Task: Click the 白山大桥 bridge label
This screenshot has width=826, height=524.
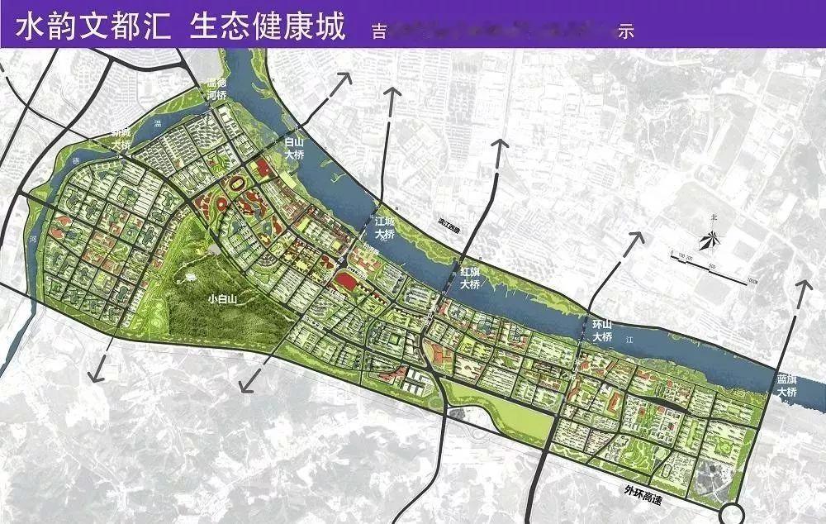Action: click(x=295, y=149)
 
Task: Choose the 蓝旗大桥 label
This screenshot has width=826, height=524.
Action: click(x=786, y=385)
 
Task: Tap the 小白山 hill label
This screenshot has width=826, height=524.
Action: click(x=224, y=300)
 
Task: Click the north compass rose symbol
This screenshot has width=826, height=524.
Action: click(x=709, y=241)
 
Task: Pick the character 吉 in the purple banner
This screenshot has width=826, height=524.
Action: click(x=381, y=32)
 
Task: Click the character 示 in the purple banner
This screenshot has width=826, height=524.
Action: click(x=626, y=32)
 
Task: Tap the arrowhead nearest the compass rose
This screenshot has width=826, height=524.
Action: click(x=637, y=237)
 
